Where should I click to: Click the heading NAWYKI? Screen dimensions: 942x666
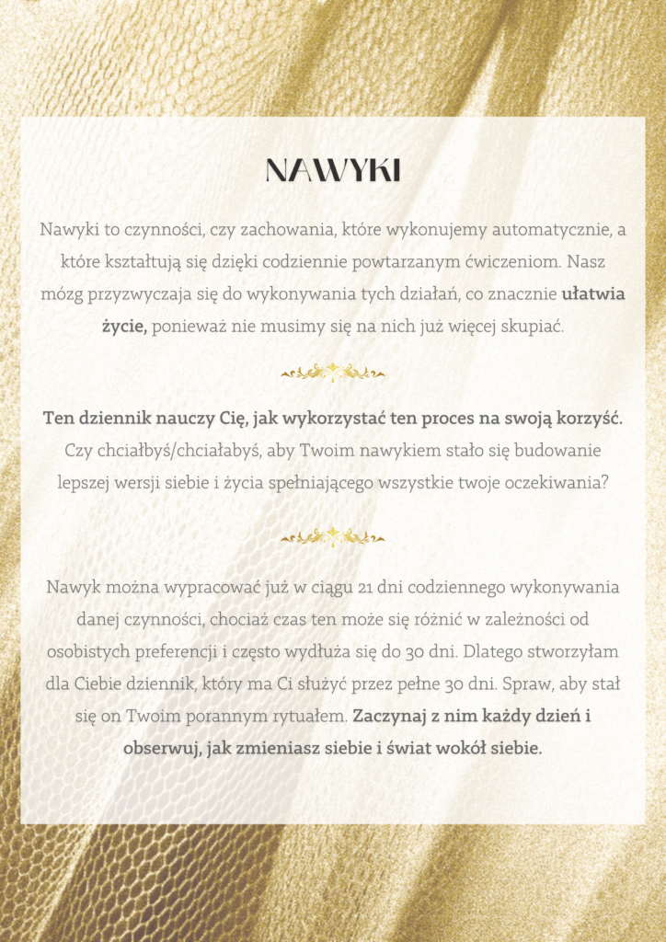333,170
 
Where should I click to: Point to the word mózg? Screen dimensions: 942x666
62,295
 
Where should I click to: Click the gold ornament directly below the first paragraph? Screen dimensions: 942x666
333,373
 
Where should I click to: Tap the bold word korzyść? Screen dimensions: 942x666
586,418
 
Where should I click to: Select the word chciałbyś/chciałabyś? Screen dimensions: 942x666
166,451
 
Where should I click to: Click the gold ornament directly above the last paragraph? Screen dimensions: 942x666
333,537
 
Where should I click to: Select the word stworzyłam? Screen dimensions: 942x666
575,651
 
